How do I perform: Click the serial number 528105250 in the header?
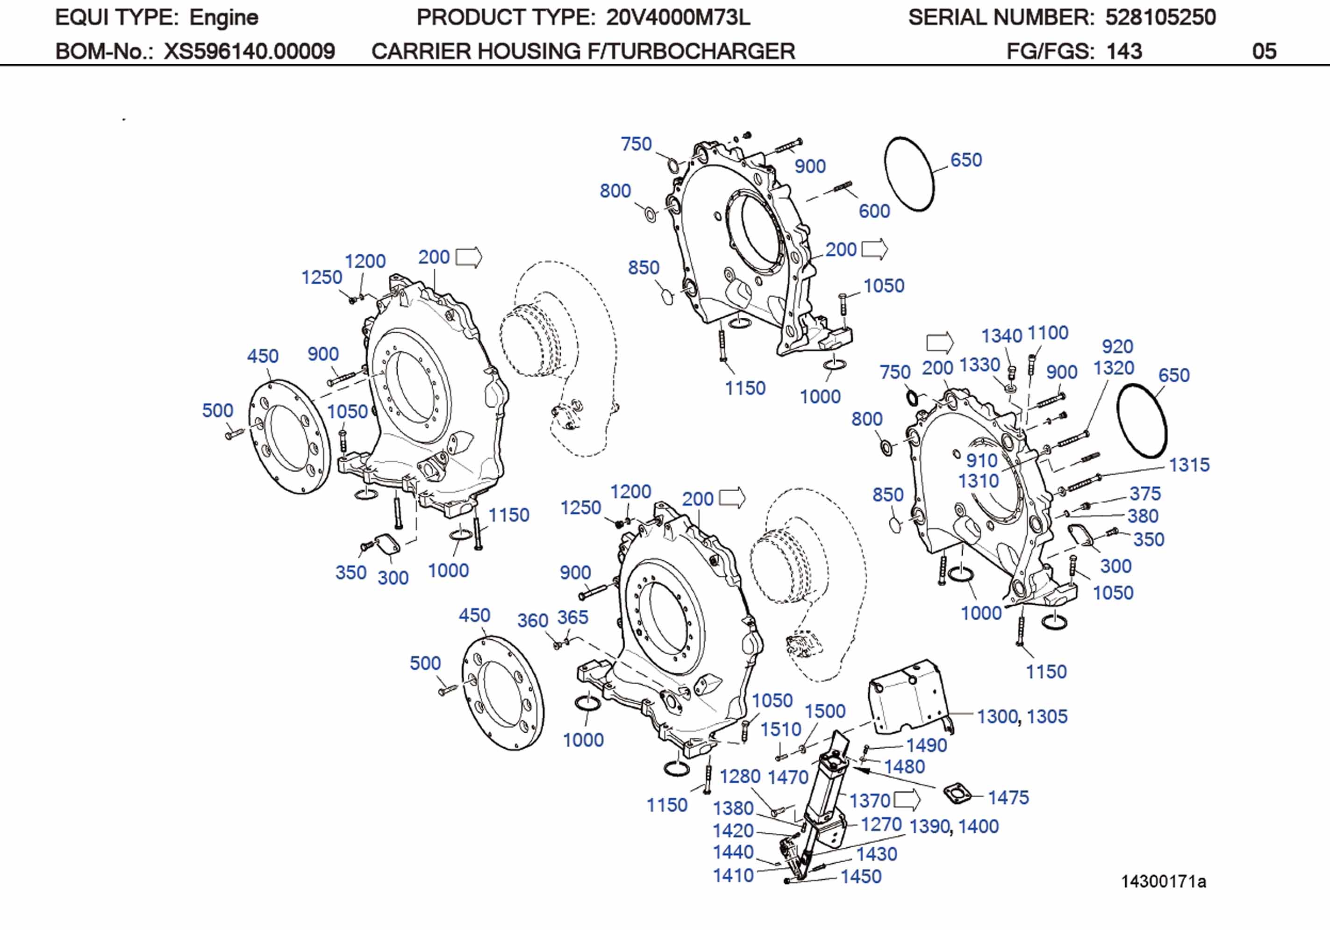[1160, 18]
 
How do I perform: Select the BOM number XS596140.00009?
[249, 51]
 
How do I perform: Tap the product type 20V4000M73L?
[678, 18]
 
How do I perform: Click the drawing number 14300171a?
[1163, 881]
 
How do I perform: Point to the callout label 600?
[873, 211]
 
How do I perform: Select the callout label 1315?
[1189, 465]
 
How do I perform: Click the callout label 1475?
[1008, 797]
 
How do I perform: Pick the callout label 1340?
[1001, 336]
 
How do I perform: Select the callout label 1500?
[825, 710]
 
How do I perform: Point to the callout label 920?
[1117, 346]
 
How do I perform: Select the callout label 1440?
[733, 852]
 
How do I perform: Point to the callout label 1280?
[740, 776]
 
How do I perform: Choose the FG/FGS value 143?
[1124, 51]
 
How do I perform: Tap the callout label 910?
[981, 461]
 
